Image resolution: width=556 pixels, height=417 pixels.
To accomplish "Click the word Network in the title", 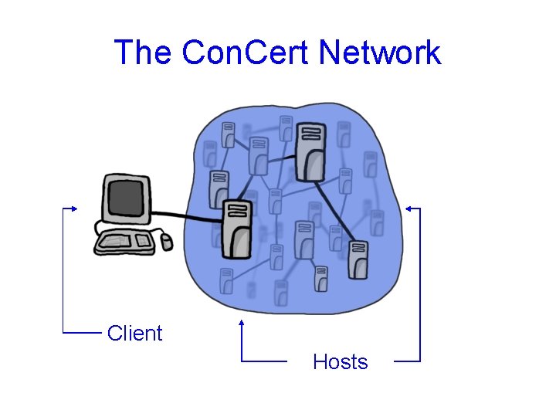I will [380, 53].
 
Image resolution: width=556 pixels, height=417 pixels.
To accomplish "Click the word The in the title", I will [144, 53].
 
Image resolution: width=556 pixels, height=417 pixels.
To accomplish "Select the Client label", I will [135, 334].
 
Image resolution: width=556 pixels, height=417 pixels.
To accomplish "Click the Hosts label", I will [341, 361].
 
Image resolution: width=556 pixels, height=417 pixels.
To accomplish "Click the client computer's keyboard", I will [123, 242].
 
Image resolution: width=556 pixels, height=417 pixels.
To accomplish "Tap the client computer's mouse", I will [166, 242].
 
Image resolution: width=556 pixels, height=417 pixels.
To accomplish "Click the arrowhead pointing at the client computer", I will [74, 208].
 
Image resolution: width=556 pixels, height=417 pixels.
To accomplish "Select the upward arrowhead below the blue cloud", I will [242, 322].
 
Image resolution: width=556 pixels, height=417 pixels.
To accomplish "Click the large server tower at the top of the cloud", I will [311, 152].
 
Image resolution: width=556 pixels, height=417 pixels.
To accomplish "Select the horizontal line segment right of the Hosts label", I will [407, 361].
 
